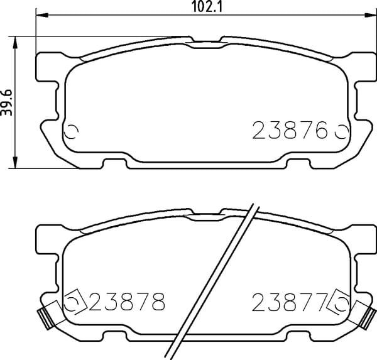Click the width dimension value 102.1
tap(207, 7)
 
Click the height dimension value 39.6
tap(6, 102)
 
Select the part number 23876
tap(290, 130)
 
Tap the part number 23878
tap(128, 302)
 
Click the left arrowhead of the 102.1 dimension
tap(42, 15)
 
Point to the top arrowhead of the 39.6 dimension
tap(15, 43)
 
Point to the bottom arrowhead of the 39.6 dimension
tap(15, 162)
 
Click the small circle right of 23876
tap(341, 132)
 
